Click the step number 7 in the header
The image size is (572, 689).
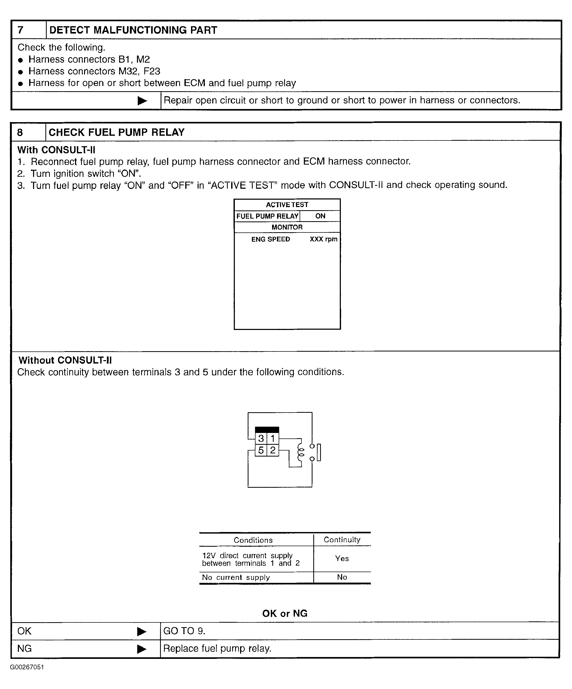tap(20, 30)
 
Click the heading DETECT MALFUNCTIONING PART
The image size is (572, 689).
tap(133, 30)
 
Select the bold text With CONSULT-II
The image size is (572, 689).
tap(56, 150)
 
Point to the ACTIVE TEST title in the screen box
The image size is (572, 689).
tap(287, 205)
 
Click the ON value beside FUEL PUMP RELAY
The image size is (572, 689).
tap(320, 216)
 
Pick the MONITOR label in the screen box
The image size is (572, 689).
tap(287, 227)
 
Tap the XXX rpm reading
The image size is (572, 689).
tap(323, 239)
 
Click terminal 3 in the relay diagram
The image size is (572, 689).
tap(261, 438)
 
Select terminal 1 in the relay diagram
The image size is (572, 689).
tap(273, 438)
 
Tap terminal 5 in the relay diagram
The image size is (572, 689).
tap(261, 450)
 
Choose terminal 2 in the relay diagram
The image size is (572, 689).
tap(273, 450)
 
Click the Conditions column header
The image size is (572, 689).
tap(253, 540)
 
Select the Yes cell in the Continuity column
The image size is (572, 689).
tap(342, 558)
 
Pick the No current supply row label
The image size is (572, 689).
tap(236, 577)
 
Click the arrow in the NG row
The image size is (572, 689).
tap(142, 649)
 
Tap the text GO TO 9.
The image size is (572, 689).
tap(184, 631)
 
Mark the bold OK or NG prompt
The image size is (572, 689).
tap(284, 613)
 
